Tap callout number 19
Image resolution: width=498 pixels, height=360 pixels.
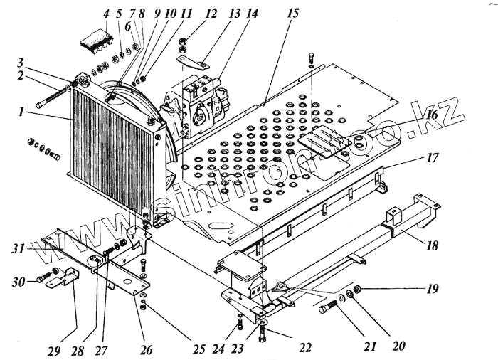pyautogui.click(x=433, y=290)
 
